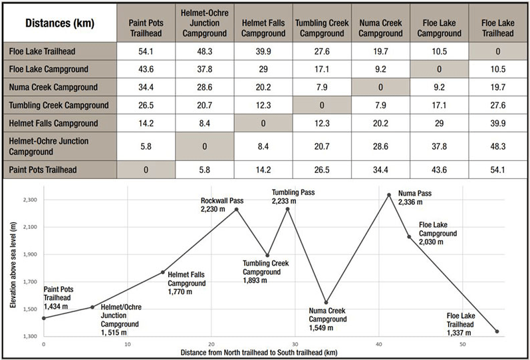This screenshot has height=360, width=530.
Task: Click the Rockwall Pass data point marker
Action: (237, 210)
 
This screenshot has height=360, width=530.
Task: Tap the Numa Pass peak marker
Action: (389, 195)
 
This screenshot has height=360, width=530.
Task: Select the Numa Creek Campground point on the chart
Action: (326, 303)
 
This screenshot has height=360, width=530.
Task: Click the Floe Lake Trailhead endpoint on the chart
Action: (497, 331)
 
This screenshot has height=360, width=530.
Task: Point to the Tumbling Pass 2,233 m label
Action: (293, 196)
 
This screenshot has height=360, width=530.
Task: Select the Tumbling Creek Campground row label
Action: (60, 105)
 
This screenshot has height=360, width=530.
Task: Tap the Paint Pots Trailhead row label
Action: (60, 169)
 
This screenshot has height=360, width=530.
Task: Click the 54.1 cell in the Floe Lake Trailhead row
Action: (146, 50)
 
